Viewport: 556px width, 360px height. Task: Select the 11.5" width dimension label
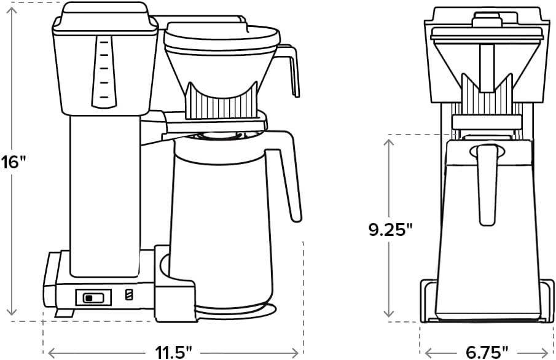point(173,352)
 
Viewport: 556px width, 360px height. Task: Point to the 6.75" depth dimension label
point(487,352)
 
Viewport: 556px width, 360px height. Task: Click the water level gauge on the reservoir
point(103,71)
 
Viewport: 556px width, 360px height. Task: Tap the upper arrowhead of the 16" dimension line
point(12,8)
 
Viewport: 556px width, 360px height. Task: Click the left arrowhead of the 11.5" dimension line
point(52,352)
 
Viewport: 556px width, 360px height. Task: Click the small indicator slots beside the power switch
point(128,295)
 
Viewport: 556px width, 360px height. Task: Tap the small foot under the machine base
point(60,313)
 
